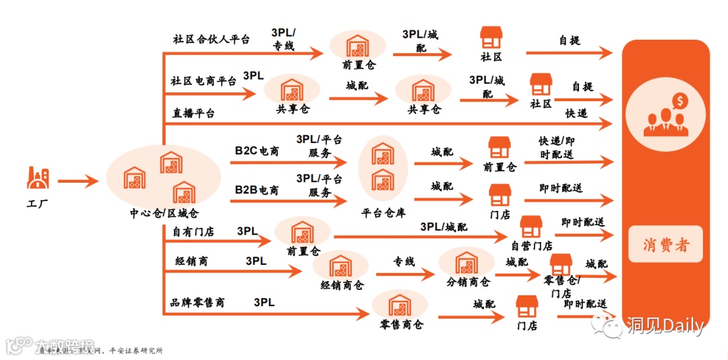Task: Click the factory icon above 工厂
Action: pos(37,179)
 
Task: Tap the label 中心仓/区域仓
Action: pos(164,214)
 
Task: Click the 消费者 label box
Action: pos(666,244)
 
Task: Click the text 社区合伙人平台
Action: pos(211,39)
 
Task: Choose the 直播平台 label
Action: pos(193,113)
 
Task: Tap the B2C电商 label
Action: pos(257,150)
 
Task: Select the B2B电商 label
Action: pos(257,190)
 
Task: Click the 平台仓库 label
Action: pos(383,214)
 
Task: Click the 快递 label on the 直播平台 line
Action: pos(576,113)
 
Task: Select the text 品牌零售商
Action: pos(198,303)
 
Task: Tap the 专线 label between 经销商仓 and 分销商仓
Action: pos(404,262)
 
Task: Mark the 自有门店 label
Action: pos(193,232)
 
